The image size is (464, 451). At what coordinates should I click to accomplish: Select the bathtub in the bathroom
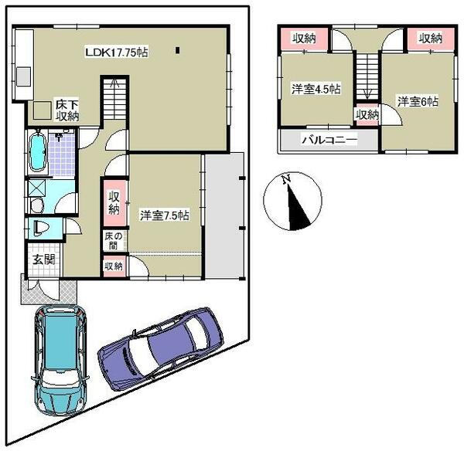[37, 152]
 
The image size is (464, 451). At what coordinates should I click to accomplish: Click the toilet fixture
[41, 227]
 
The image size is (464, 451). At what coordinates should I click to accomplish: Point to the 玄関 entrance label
[43, 259]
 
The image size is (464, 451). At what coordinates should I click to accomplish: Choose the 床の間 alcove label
[113, 239]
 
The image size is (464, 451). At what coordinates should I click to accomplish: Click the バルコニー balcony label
[328, 140]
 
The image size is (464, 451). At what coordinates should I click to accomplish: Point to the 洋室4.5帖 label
[316, 90]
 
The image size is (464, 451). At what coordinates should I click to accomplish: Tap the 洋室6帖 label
[418, 101]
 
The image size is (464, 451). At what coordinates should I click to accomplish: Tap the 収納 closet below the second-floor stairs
[367, 114]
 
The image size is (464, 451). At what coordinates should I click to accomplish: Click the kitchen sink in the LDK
[22, 76]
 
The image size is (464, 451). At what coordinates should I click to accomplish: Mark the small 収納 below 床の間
[113, 266]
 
